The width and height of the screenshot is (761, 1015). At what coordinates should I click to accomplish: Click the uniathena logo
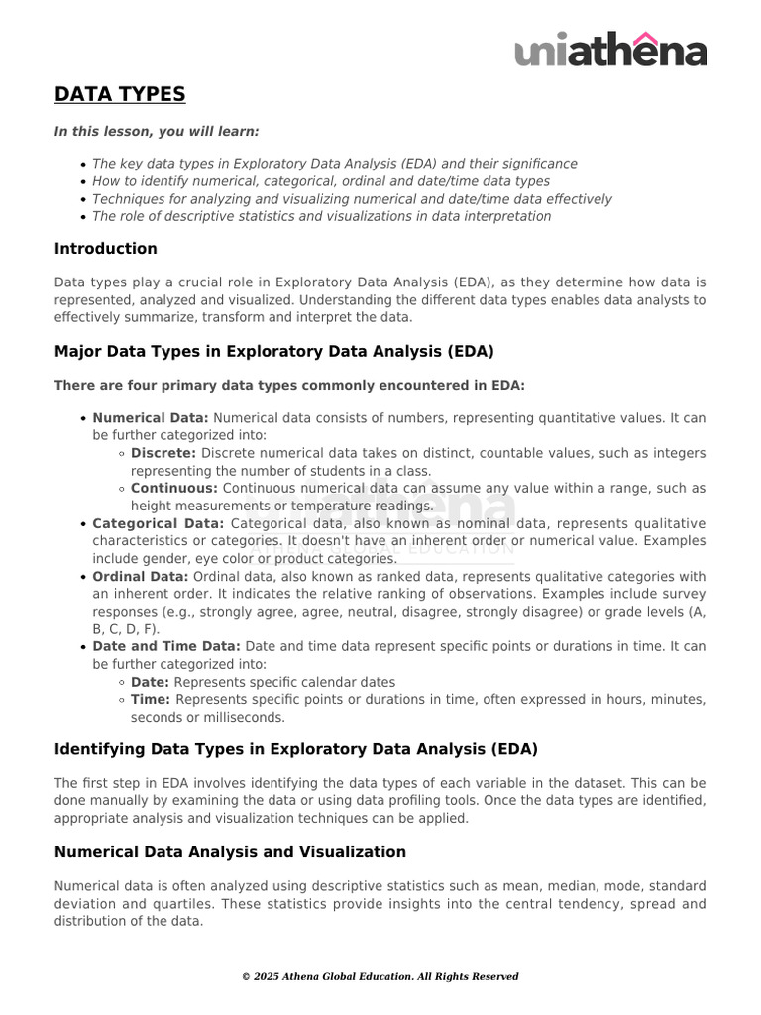click(610, 50)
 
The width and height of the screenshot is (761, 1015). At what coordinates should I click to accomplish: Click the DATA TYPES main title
click(119, 94)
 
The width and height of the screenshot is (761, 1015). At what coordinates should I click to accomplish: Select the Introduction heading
click(105, 248)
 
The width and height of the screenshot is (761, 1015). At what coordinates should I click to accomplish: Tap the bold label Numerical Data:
click(151, 418)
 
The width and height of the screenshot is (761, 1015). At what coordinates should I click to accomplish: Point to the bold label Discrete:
click(163, 453)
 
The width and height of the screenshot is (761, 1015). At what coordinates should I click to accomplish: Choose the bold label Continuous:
click(174, 488)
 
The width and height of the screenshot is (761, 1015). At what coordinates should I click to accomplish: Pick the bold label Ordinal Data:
click(140, 576)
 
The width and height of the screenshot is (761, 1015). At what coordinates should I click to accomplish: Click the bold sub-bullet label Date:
click(150, 682)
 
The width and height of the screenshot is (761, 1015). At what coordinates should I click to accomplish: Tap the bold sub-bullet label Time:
click(151, 699)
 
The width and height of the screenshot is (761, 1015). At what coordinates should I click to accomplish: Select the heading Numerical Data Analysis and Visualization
click(230, 851)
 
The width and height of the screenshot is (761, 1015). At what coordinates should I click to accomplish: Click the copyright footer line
click(380, 976)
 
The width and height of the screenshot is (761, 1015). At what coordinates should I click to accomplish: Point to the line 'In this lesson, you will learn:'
click(157, 131)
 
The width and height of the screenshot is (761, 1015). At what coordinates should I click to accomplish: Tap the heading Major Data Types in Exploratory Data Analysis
click(273, 351)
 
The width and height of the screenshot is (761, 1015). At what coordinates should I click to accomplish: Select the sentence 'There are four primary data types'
click(289, 384)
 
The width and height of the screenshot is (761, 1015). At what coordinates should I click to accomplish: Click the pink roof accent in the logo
click(645, 38)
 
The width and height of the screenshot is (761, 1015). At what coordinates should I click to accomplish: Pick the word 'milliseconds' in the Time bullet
click(244, 717)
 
